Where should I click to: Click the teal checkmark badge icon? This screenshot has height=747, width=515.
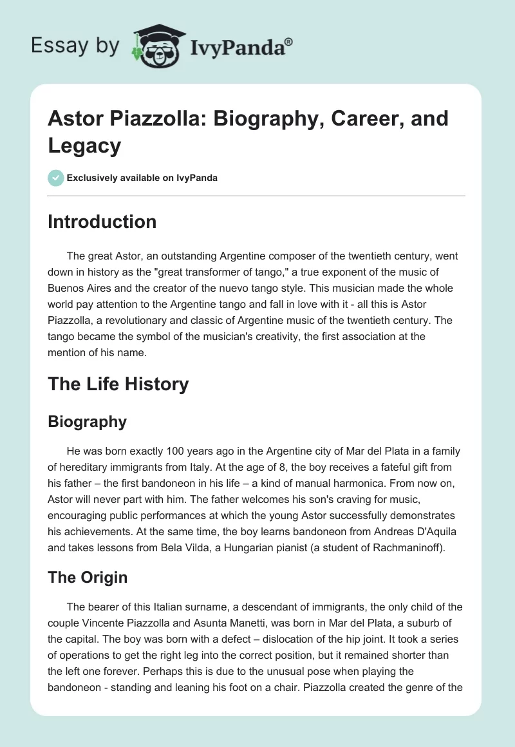[x=55, y=178]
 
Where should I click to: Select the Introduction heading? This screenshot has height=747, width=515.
[x=102, y=222]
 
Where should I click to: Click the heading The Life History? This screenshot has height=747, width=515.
[x=118, y=384]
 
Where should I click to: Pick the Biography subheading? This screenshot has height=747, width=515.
[x=87, y=422]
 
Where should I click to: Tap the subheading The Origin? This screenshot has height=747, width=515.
[x=88, y=578]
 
